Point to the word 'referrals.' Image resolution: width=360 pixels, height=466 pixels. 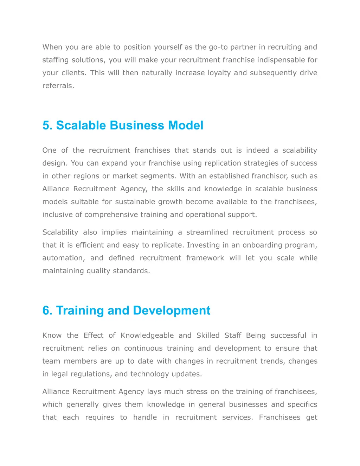[x=58, y=85]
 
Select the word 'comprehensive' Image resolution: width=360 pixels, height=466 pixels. [x=111, y=215]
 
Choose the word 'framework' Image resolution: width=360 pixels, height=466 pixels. [x=205, y=258]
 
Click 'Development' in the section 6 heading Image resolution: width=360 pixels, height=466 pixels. [x=172, y=311]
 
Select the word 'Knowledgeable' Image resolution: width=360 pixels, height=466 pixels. [x=147, y=335]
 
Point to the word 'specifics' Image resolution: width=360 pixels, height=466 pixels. [x=302, y=404]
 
